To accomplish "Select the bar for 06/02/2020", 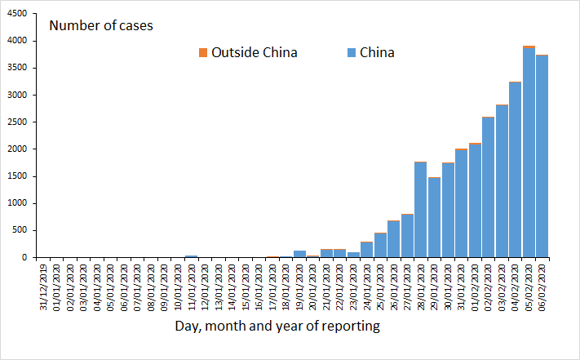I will coord(542,156).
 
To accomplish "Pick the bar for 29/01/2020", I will coord(434,217).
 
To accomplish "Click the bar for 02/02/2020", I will coord(488,187).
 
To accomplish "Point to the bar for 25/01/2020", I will coord(380,245).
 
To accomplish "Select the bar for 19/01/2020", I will coord(299,254).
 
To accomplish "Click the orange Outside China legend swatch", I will coord(203,53).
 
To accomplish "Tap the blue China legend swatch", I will coord(351,53).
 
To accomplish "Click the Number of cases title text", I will coord(101,25).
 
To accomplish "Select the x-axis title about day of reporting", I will coord(277,327).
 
